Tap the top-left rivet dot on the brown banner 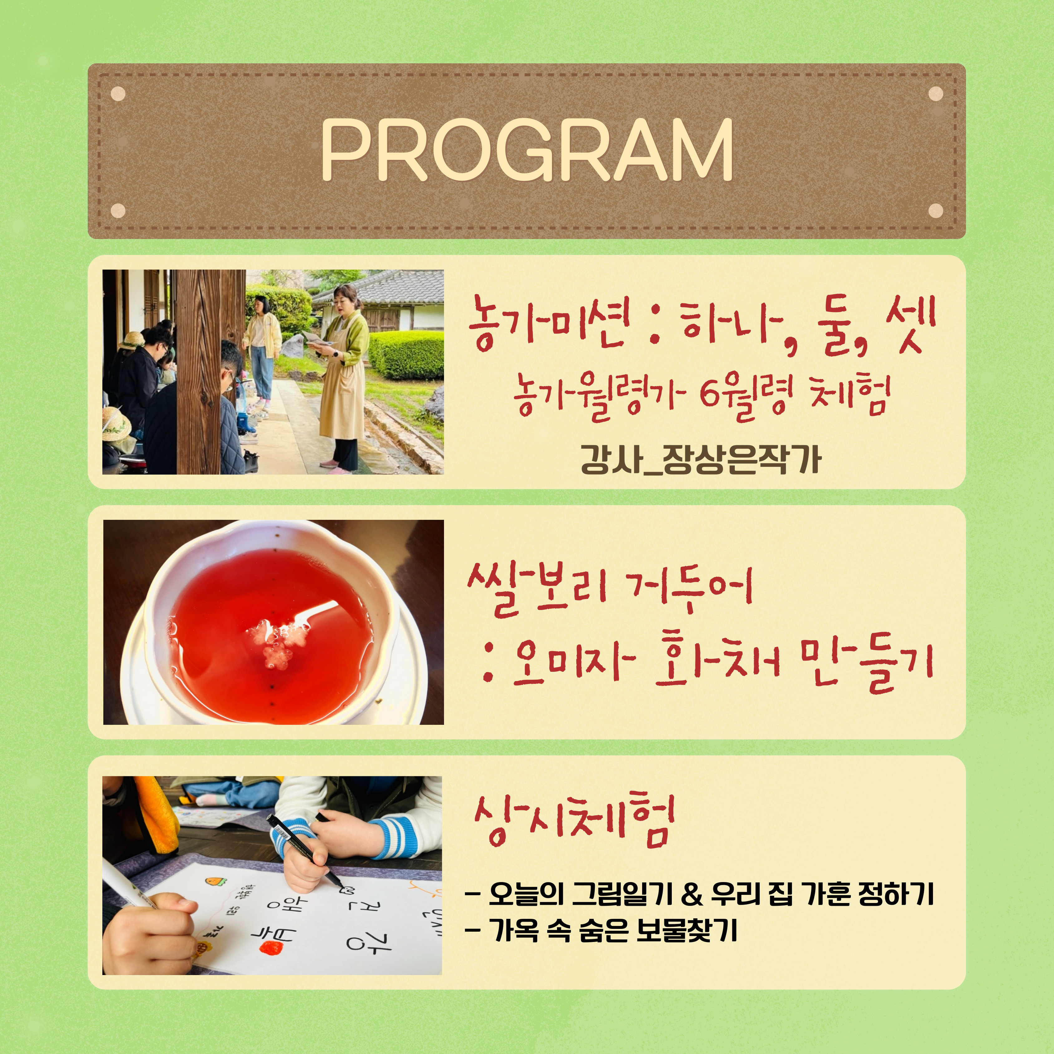118,94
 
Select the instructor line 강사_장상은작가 700,459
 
